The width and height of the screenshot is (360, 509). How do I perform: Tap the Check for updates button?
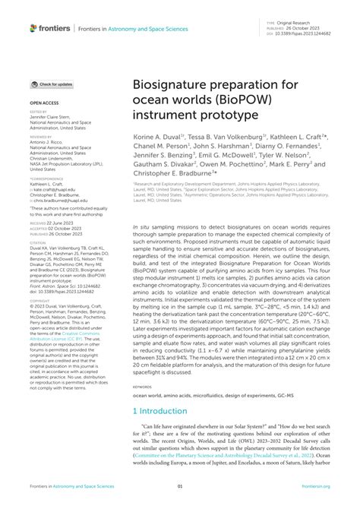(x=52, y=84)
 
